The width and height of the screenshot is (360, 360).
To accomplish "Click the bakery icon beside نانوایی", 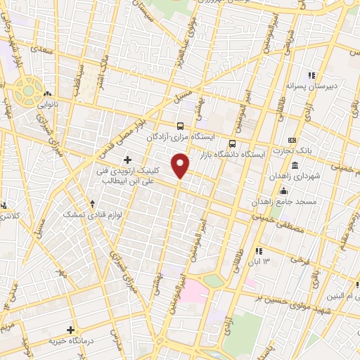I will pos(46,94).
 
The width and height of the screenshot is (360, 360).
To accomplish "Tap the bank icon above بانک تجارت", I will pos(292,139).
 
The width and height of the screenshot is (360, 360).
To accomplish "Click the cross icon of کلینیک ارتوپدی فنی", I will pos(127,160).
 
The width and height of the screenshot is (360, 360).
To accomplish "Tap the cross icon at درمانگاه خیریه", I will pos(70,329).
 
